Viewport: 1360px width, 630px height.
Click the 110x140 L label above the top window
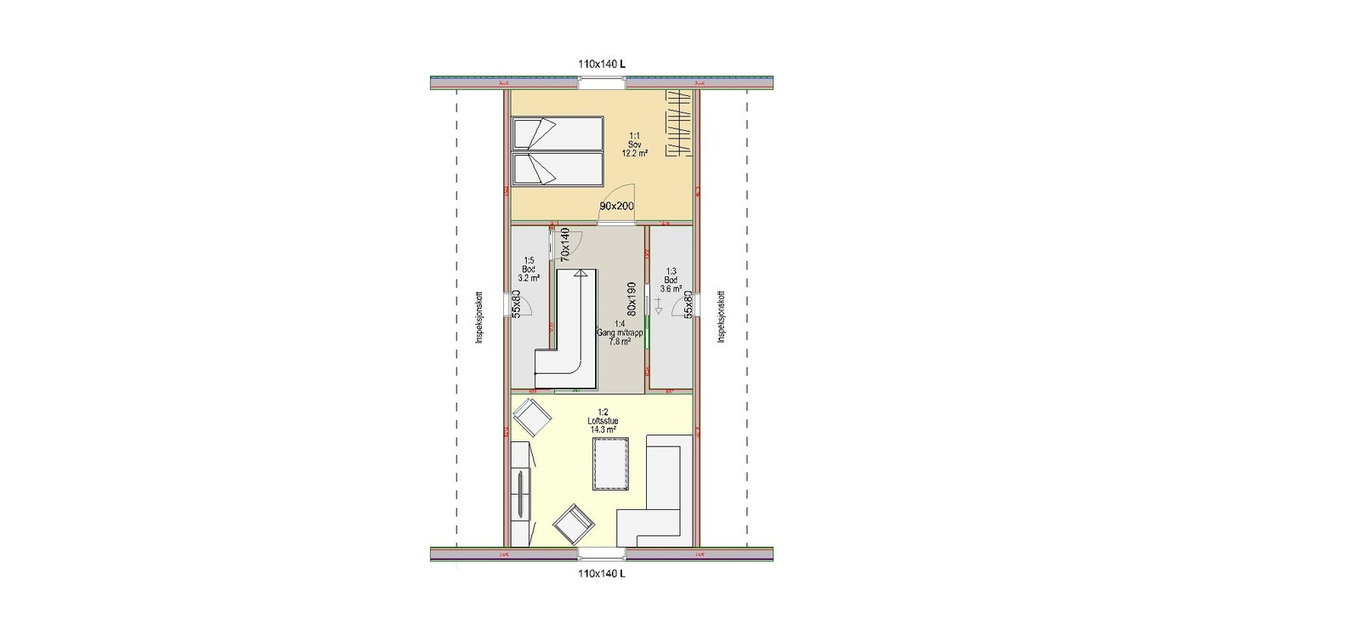tap(602, 64)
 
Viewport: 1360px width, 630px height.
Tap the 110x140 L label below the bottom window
tap(602, 574)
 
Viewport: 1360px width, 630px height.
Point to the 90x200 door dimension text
tap(617, 207)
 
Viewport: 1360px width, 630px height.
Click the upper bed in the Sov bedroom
tap(557, 134)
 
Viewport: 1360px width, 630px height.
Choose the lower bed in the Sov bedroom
tap(557, 169)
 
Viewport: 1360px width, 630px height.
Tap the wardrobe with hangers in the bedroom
tap(678, 123)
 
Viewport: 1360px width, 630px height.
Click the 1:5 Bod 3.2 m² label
tap(529, 270)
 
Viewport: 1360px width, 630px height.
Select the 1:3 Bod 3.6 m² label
tap(671, 280)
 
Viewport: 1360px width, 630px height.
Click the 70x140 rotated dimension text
tap(564, 244)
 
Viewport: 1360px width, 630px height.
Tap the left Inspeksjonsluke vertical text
tap(479, 318)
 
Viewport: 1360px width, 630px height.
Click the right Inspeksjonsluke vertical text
tap(721, 318)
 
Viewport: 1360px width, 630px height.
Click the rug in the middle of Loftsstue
tap(611, 463)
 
